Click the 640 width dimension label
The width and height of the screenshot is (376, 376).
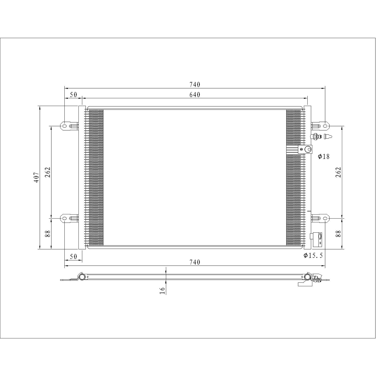pyautogui.click(x=195, y=95)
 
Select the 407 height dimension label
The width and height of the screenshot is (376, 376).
pyautogui.click(x=37, y=177)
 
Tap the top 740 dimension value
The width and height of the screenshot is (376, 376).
pyautogui.click(x=195, y=84)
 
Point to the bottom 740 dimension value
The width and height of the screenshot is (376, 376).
pyautogui.click(x=195, y=262)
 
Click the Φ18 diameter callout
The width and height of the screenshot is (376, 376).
pyautogui.click(x=324, y=157)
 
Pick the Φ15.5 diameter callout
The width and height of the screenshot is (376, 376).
pyautogui.click(x=313, y=256)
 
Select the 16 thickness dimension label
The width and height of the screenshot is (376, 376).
pyautogui.click(x=162, y=290)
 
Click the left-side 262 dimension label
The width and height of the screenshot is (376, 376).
pyautogui.click(x=48, y=172)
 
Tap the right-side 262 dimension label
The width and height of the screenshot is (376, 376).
pyautogui.click(x=338, y=172)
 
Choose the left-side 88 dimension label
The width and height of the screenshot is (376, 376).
pyautogui.click(x=48, y=234)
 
